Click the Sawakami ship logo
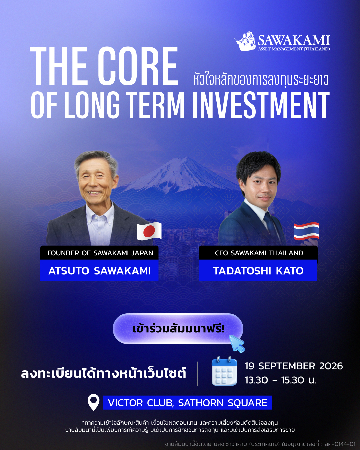point(245,41)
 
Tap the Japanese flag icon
point(149,231)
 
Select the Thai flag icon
point(306,231)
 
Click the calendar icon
point(224,371)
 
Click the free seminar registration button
point(178,329)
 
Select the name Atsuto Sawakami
point(100,271)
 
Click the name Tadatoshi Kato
point(258,271)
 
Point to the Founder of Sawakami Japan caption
point(100,253)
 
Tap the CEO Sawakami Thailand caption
point(259,253)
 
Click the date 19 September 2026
point(294,366)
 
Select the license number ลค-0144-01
point(340,444)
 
